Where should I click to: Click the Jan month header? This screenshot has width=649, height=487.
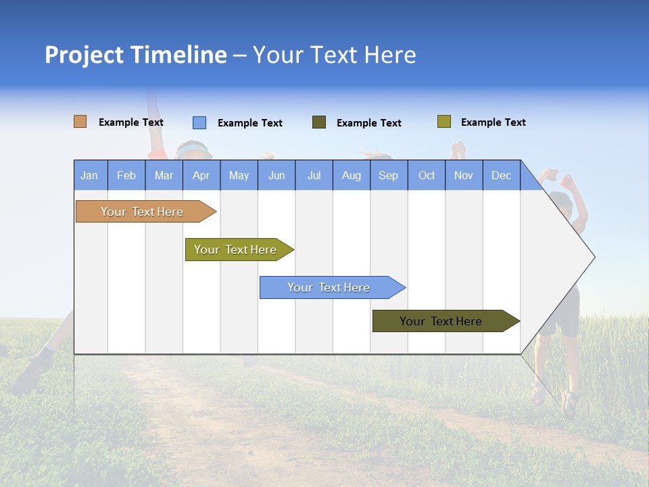pos(90,175)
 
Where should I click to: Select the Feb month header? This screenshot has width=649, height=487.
pos(126,175)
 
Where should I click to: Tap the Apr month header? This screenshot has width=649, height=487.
pos(201,175)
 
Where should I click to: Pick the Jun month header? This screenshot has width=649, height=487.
pos(277,175)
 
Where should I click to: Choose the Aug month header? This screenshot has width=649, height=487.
pos(352,175)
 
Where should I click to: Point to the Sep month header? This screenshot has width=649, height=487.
pos(389,175)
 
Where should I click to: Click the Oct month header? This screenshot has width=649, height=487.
pos(427,175)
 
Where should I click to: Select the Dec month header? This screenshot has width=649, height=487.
pos(501,175)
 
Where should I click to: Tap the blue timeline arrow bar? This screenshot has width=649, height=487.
pos(329,287)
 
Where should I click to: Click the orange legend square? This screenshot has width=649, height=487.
pos(80,122)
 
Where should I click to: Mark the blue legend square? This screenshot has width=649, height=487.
pos(199,122)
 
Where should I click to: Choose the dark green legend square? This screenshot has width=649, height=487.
pos(319,122)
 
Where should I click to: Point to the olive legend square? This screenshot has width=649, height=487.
pos(443,122)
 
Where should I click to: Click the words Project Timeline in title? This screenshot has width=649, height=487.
pos(136,55)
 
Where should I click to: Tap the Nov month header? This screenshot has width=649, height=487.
pos(464,175)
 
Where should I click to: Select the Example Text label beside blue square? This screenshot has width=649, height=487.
pos(250,123)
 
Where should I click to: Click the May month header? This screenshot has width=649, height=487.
pos(239,175)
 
